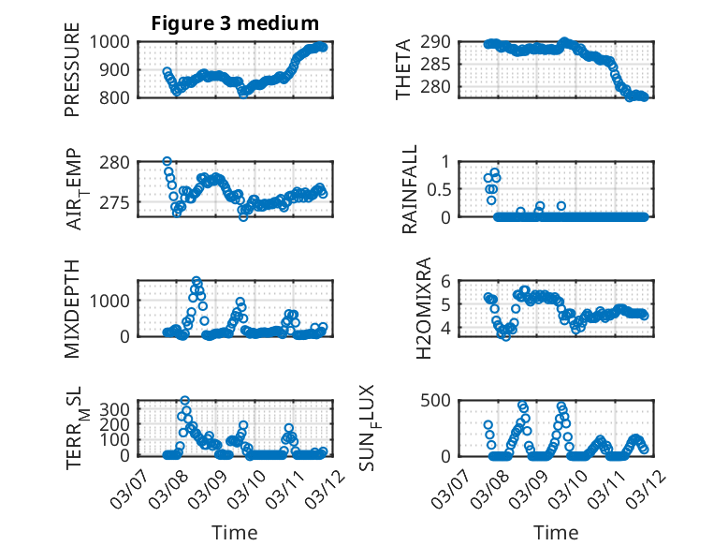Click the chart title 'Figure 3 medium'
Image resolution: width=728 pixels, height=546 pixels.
coord(235,23)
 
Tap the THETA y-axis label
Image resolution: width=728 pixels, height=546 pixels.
coord(403,68)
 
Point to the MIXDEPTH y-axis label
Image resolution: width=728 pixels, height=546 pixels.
coord(73,307)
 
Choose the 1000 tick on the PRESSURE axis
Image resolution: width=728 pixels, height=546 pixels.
coord(115,42)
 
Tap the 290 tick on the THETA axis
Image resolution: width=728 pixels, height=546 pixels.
coord(442,42)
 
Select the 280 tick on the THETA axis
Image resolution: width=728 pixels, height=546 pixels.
coord(442,87)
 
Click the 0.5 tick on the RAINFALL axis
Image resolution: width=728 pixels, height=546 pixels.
coord(445,188)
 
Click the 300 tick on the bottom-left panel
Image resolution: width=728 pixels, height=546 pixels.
coord(119,408)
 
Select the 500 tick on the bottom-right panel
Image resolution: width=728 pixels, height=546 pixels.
coord(442,400)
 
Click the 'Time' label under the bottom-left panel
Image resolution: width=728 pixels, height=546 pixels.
coord(235,532)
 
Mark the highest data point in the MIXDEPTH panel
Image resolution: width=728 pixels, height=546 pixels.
coord(197,281)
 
